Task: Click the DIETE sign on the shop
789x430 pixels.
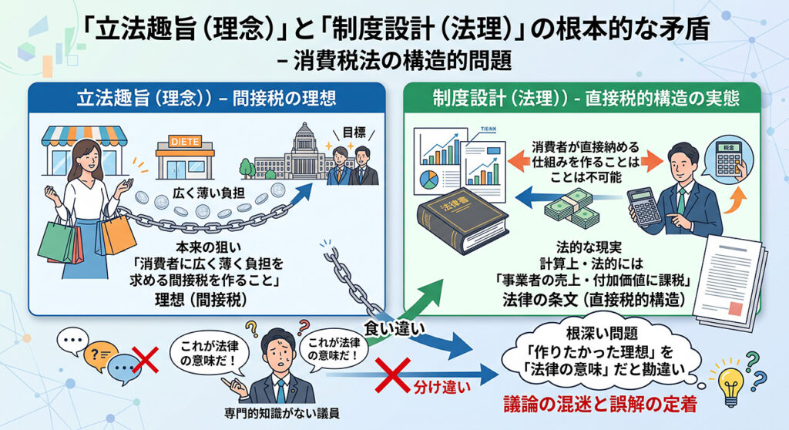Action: pyautogui.click(x=185, y=142)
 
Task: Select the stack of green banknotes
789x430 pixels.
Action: pyautogui.click(x=572, y=208)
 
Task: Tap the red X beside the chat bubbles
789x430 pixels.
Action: pyautogui.click(x=145, y=360)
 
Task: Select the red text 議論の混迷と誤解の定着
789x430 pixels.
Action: pyautogui.click(x=599, y=405)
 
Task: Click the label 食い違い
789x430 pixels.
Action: pyautogui.click(x=394, y=329)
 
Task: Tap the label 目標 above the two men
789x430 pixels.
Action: pyautogui.click(x=354, y=133)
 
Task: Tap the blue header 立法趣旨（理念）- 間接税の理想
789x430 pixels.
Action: pyautogui.click(x=206, y=98)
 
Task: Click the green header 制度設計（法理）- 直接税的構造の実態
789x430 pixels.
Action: pyautogui.click(x=586, y=98)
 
